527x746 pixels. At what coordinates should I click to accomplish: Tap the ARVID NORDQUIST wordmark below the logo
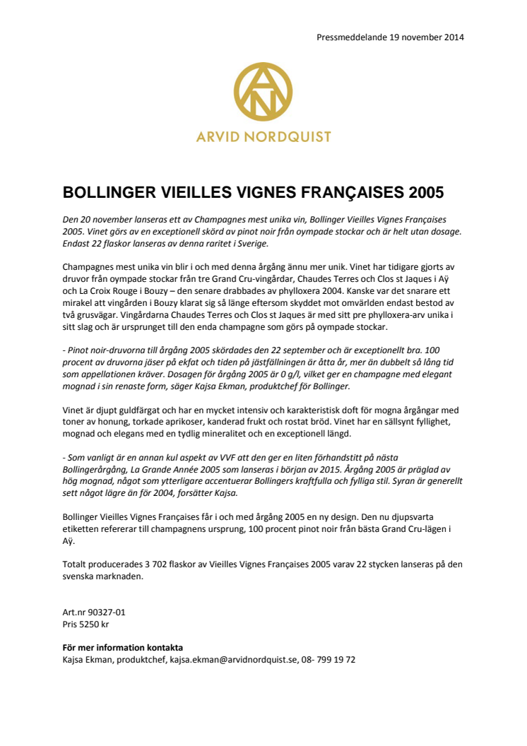(x=263, y=136)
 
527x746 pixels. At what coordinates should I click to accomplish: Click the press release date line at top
(x=391, y=37)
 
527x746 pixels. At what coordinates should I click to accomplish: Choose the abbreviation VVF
(x=229, y=458)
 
